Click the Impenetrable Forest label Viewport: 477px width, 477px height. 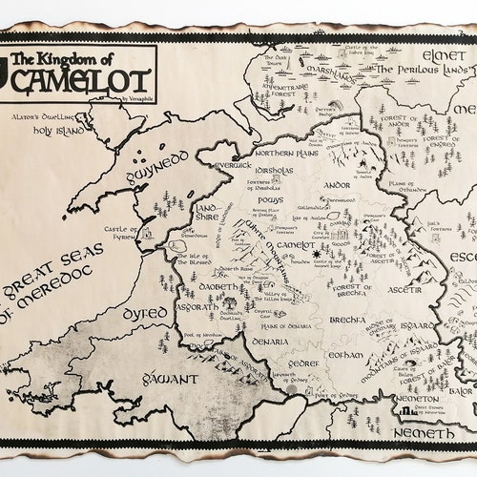point(277,88)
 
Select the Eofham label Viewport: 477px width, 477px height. point(342,357)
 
